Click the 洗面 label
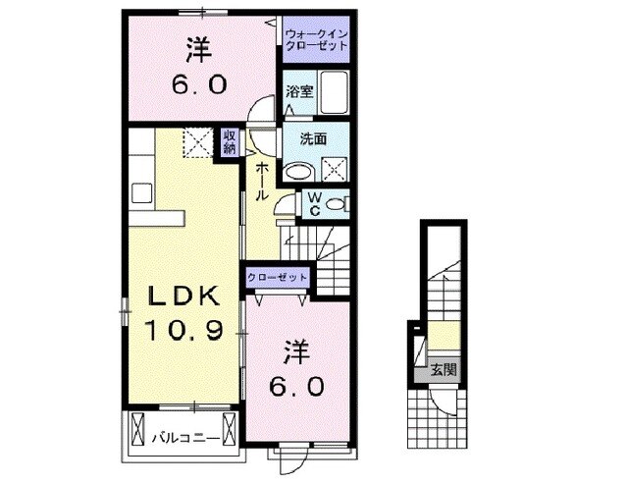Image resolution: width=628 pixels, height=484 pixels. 299,139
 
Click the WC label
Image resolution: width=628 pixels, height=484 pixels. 313,203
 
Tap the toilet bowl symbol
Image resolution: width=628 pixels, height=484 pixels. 336,203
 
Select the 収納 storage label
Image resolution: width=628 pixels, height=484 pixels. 229,143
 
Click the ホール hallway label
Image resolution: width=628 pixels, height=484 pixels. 264,182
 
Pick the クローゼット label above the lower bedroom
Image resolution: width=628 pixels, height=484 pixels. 278,278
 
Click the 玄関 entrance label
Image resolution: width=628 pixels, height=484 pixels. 442,370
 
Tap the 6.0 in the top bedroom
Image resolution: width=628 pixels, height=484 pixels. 200,85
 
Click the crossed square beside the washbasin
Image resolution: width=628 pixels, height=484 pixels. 337,168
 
